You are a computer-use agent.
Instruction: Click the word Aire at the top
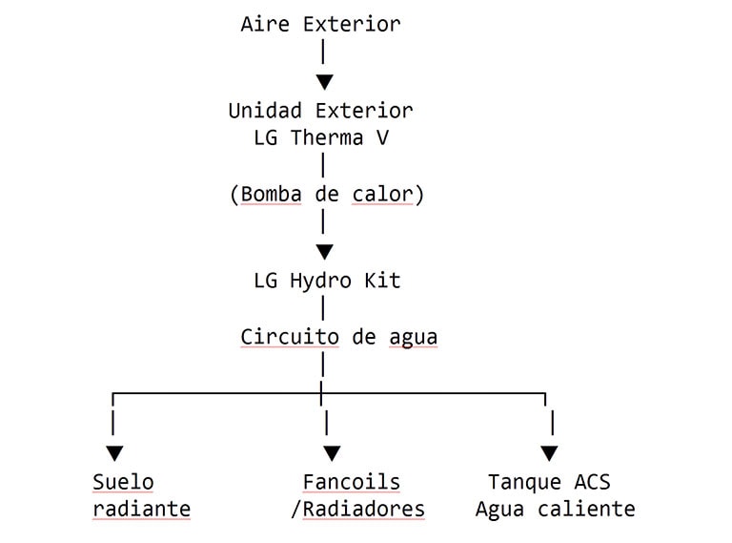point(265,24)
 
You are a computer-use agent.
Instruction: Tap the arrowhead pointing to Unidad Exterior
point(324,82)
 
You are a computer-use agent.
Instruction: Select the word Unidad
point(265,112)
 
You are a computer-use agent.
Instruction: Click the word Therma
point(327,138)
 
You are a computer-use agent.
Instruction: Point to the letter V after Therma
point(382,138)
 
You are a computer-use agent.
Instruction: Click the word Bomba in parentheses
point(271,195)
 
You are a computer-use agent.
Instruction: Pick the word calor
point(382,195)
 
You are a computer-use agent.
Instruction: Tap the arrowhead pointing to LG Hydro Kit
point(324,252)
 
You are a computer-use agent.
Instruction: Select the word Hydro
point(320,281)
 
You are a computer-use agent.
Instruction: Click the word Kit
point(382,281)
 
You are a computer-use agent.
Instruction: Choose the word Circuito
point(290,337)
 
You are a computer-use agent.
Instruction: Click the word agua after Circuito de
point(413,338)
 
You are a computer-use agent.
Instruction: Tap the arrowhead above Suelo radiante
point(114,453)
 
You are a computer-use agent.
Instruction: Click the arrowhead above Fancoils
point(332,453)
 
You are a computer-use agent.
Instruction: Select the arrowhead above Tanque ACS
point(549,453)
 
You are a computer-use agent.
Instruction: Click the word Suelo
point(123,482)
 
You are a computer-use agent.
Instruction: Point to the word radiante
point(141,510)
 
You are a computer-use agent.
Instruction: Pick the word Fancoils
point(352,482)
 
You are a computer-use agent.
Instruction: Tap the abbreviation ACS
point(593,482)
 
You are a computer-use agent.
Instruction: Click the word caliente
point(586,510)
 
